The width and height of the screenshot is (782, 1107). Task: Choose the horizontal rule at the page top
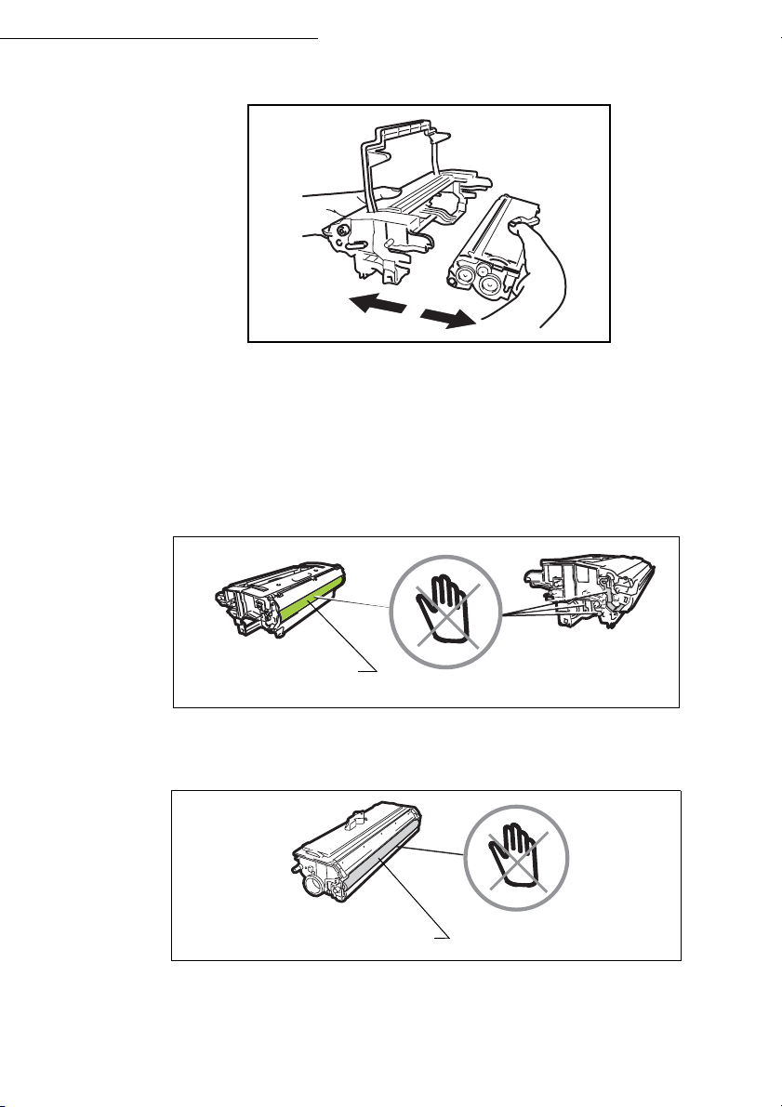tap(158, 40)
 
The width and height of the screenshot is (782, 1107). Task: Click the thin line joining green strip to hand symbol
tap(363, 603)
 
